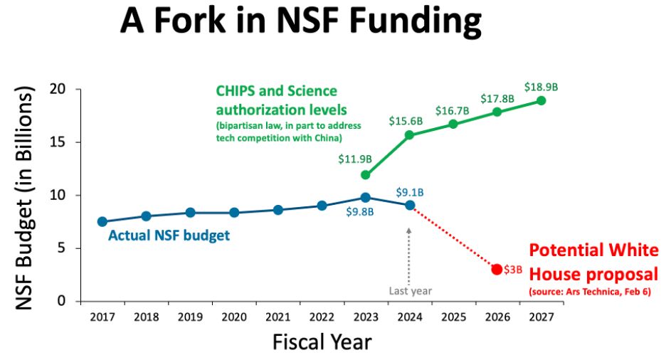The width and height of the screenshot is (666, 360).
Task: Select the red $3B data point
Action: pos(497,269)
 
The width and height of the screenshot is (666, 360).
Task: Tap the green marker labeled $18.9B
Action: pos(541,100)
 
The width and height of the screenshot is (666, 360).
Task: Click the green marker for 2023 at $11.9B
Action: pos(365,175)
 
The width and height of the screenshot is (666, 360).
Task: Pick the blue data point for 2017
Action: pos(102,222)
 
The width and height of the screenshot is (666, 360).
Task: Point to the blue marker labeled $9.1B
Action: pos(409,205)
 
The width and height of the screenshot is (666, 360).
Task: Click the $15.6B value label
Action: pos(406,122)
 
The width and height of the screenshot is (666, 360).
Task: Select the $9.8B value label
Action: pos(365,211)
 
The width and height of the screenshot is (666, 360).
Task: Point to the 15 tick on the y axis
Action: pos(63,142)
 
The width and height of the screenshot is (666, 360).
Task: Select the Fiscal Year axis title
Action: pos(322,342)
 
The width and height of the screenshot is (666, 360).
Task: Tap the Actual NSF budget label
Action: pos(169,235)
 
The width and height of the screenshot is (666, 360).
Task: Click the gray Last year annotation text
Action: pos(410,290)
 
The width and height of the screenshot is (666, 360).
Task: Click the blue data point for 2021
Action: pos(277,210)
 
